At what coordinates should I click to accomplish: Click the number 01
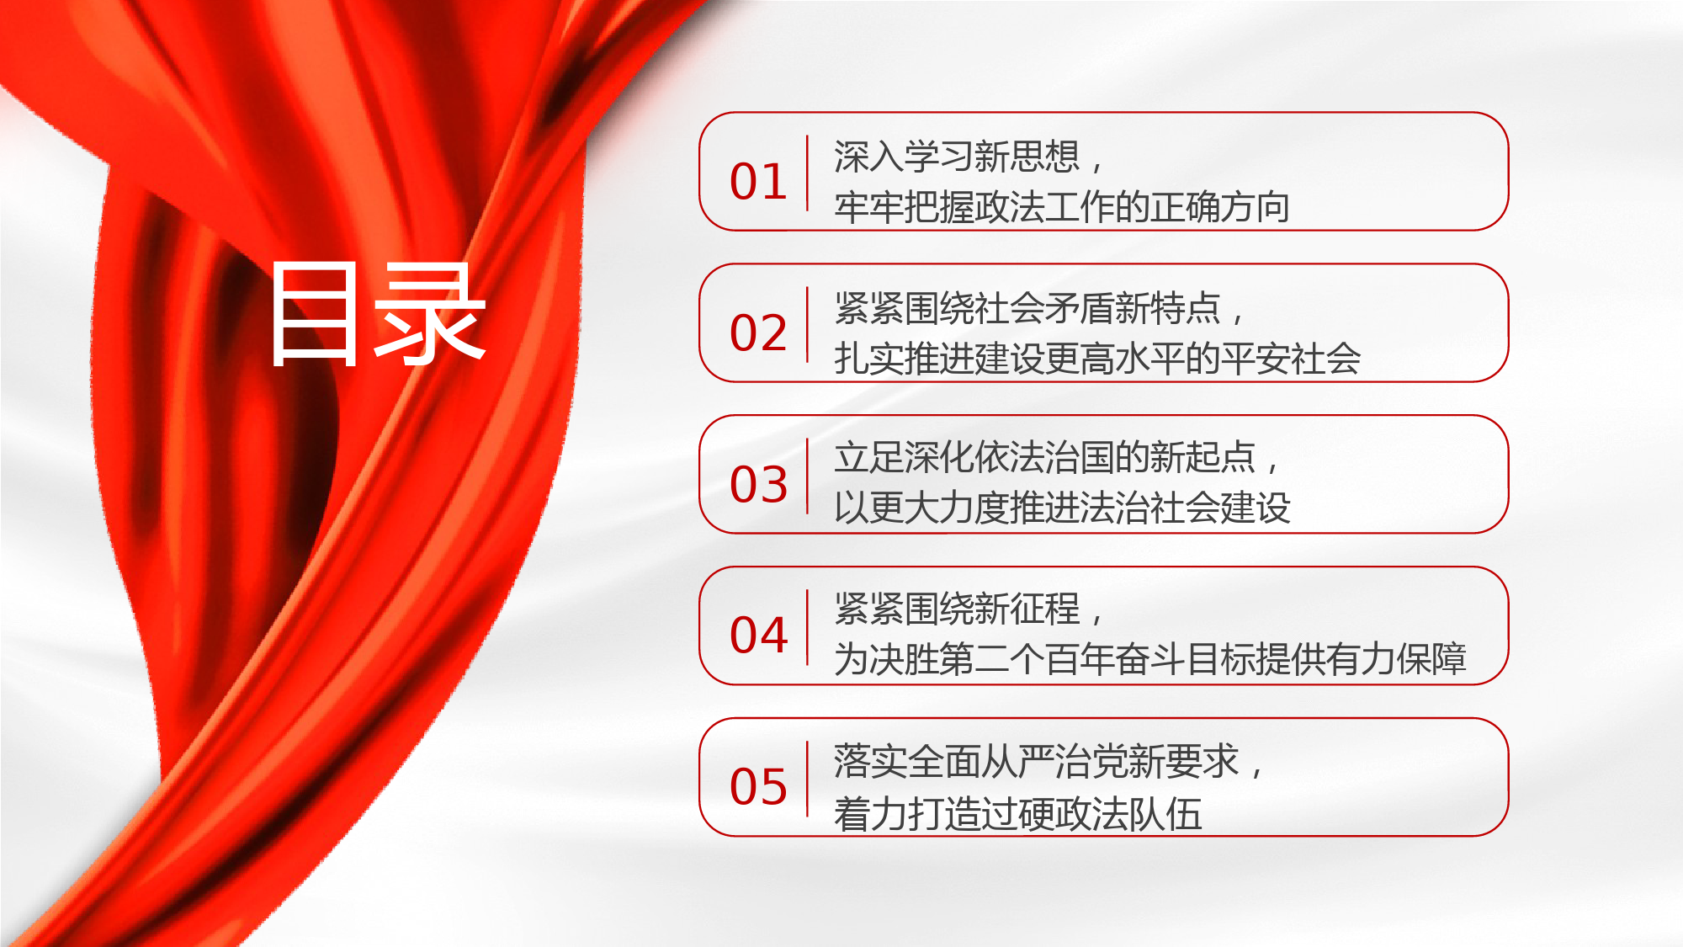coord(758,182)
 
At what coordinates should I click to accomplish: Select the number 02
coord(758,333)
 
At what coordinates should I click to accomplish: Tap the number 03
coord(758,484)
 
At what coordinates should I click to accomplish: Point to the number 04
coord(758,635)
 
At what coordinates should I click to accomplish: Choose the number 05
coord(758,787)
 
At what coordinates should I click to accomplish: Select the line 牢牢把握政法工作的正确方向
coord(1062,207)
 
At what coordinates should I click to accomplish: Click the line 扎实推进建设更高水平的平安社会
coord(1097,359)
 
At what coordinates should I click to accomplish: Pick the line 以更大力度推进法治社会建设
coord(1062,508)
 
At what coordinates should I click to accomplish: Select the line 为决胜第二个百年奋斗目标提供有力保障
coord(1150,659)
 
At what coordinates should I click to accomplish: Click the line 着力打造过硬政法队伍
coord(1017,814)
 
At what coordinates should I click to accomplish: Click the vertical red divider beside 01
coord(807,173)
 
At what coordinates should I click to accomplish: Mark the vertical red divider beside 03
coord(807,476)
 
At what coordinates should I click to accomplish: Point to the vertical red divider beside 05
coord(807,779)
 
